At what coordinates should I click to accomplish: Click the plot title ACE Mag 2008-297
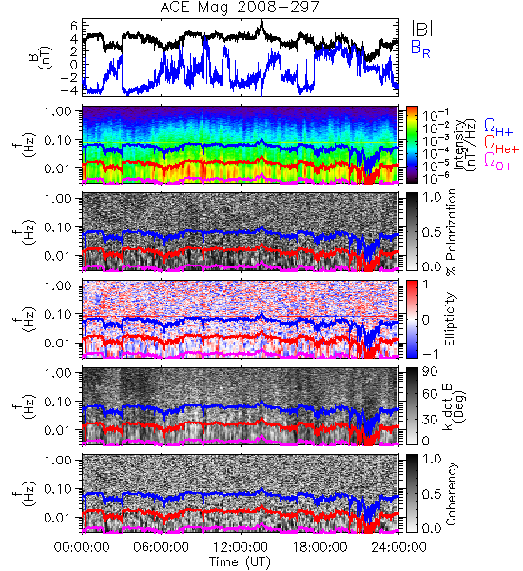click(x=240, y=7)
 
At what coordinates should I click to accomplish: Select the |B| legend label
click(x=422, y=29)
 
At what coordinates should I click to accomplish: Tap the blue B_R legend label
click(x=420, y=49)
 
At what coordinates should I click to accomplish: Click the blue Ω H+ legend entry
click(x=498, y=128)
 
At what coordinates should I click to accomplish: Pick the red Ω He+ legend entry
click(x=501, y=145)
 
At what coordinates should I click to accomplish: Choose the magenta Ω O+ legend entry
click(x=498, y=162)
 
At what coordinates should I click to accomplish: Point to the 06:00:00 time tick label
click(x=161, y=547)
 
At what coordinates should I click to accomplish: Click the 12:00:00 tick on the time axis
click(x=241, y=547)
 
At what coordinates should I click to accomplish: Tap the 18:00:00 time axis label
click(x=320, y=547)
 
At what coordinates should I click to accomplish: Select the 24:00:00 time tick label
click(x=398, y=547)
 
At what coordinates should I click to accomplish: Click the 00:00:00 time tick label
click(x=82, y=547)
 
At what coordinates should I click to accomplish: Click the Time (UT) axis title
click(x=241, y=561)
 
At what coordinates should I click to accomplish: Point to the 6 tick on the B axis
click(x=74, y=26)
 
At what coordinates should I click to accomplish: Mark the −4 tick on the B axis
click(x=69, y=90)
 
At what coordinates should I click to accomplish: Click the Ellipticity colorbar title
click(x=450, y=319)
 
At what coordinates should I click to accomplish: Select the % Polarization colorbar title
click(x=451, y=232)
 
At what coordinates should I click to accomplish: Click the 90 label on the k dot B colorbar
click(x=430, y=372)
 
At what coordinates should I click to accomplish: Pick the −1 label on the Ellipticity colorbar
click(x=431, y=354)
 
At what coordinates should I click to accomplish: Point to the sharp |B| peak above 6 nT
click(x=261, y=22)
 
